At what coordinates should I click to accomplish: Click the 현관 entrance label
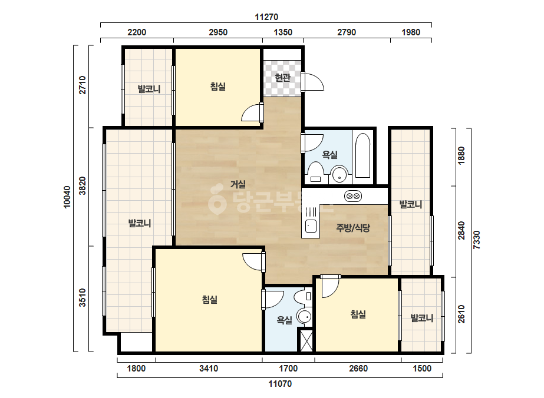282,77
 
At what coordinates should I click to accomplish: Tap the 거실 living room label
238,184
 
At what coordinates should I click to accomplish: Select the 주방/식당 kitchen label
353,228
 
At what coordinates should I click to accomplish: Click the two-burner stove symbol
353,196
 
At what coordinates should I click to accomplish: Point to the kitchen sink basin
311,226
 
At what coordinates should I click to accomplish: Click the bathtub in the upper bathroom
363,155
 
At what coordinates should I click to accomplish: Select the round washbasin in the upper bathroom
339,174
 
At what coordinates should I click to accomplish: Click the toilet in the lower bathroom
303,297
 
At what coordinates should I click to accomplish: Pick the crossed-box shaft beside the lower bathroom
306,341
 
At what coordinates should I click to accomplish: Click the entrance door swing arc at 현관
314,82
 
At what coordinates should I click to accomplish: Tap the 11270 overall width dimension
266,17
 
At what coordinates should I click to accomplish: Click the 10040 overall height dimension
67,197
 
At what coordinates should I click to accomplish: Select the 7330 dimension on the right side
477,240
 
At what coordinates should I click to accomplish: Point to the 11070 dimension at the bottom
280,384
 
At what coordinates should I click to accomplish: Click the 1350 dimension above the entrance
283,32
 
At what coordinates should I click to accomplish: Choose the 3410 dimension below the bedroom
209,368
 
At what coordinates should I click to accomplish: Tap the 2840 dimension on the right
461,230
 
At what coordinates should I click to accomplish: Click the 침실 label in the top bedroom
218,87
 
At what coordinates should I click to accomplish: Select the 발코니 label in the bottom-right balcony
422,317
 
